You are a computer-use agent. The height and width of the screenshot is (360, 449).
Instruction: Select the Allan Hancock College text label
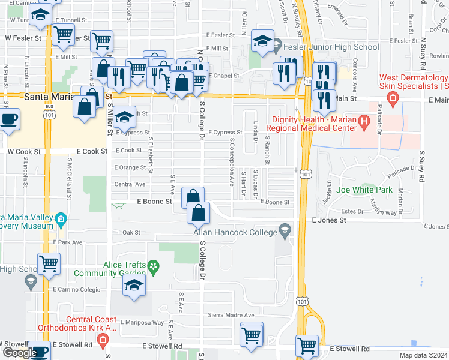click(x=235, y=232)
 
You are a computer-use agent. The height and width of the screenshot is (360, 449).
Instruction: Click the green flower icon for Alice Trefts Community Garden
click(x=154, y=265)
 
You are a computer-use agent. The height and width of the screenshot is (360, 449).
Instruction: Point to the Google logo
click(x=19, y=352)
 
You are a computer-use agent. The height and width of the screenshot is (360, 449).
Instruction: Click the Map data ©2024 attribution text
click(x=423, y=355)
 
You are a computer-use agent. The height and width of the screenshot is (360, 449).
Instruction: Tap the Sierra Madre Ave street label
click(x=231, y=315)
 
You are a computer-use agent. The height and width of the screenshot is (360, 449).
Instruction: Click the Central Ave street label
click(x=130, y=184)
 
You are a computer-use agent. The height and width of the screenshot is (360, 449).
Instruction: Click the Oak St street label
click(x=131, y=232)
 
